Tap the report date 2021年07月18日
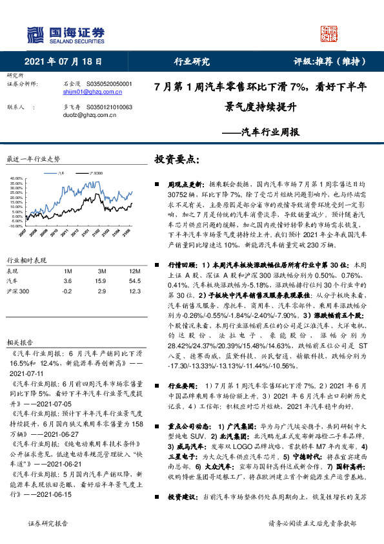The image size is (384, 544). tap(64, 62)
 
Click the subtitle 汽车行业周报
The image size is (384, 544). tap(260, 132)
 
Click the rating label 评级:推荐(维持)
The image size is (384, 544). tap(330, 62)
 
